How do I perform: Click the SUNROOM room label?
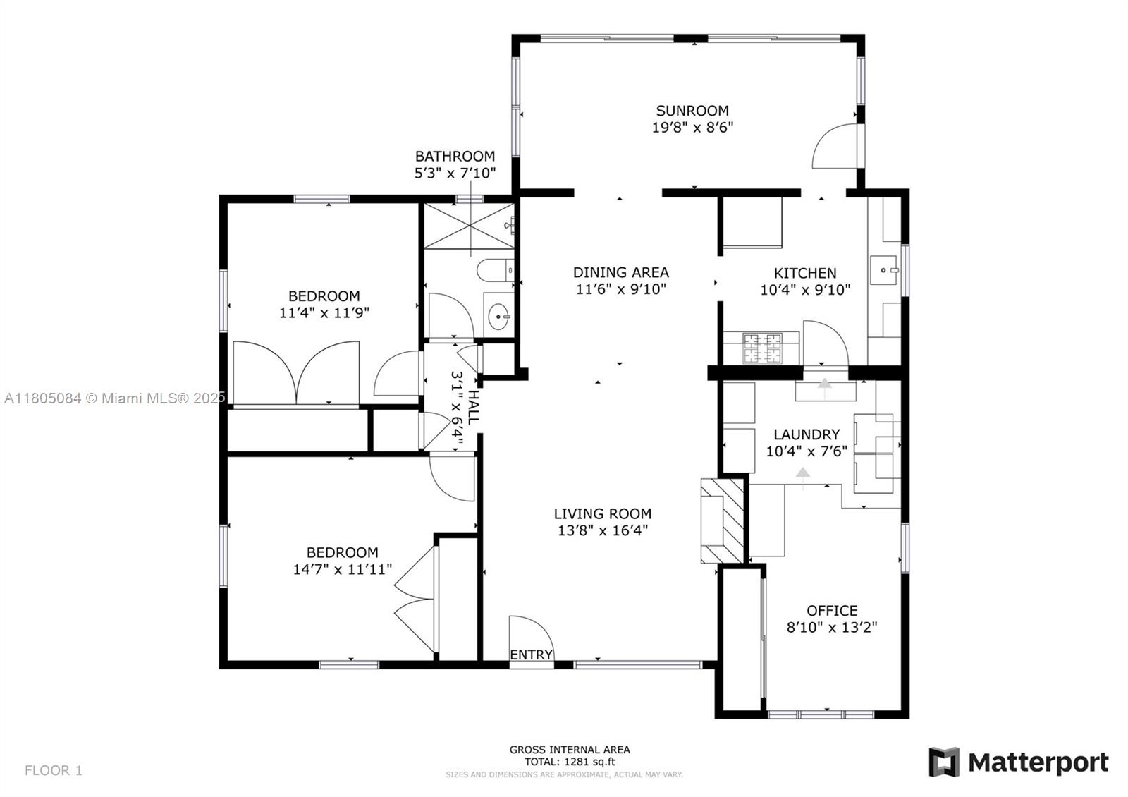(692, 111)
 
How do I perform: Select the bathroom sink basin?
(499, 317)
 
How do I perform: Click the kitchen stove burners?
(762, 348)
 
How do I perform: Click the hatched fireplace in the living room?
(722, 520)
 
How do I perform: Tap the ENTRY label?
(531, 655)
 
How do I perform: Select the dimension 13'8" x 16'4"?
(602, 530)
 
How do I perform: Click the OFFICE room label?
(832, 611)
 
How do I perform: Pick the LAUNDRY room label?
(806, 434)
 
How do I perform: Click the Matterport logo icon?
(944, 762)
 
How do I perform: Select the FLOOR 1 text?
(54, 770)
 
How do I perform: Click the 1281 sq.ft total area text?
(570, 762)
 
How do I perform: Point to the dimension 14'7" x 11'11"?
(342, 569)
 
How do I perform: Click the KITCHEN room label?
(805, 273)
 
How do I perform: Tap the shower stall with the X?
(469, 226)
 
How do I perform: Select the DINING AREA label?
(620, 272)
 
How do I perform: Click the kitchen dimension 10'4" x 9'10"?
(805, 289)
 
